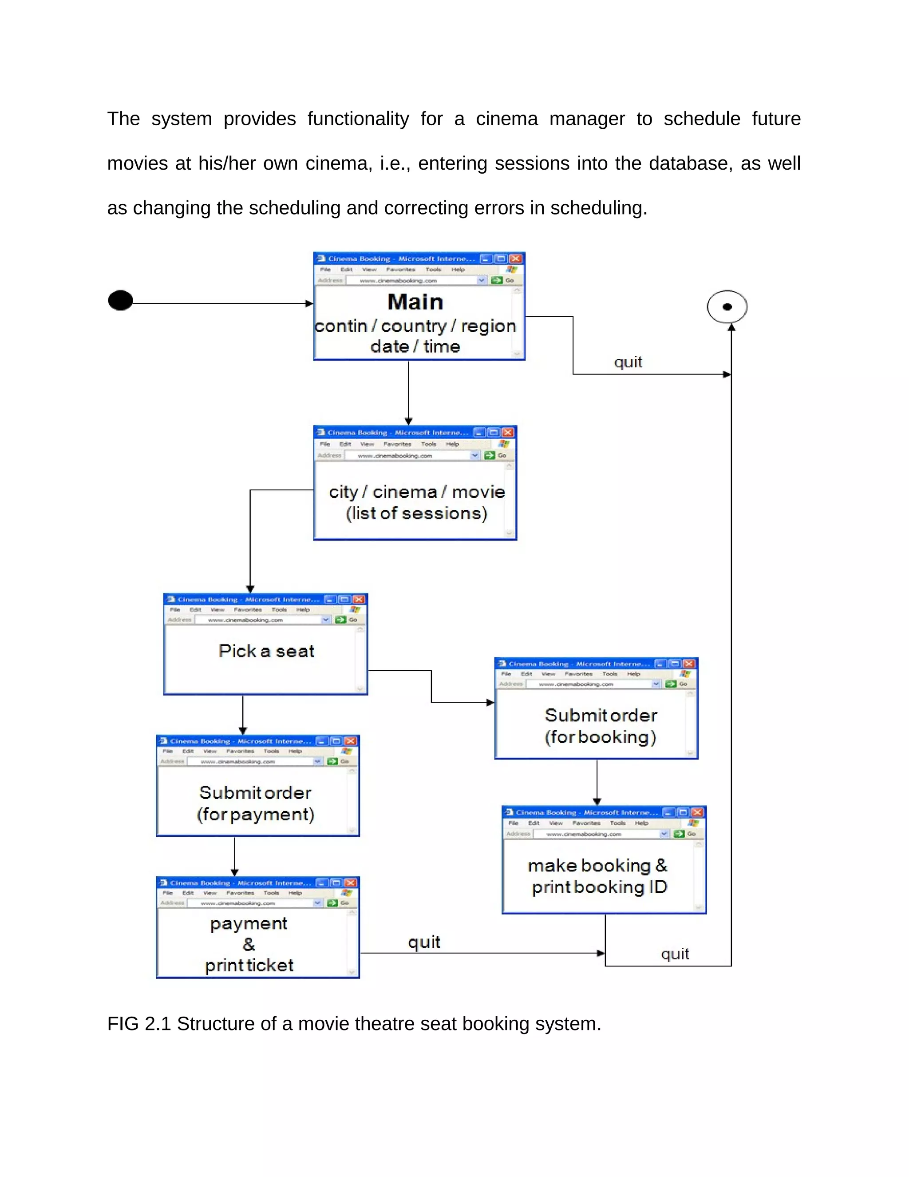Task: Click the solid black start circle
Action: coord(120,300)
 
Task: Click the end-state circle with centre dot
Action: coord(727,306)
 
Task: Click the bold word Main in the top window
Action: coord(415,302)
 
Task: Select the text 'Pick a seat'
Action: coord(267,651)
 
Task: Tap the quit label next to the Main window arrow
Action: coord(628,362)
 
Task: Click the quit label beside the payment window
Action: coord(424,942)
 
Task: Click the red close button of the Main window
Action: coord(515,258)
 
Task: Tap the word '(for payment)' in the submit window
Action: coord(255,814)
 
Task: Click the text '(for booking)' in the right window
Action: coord(600,737)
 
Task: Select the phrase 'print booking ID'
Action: coord(599,887)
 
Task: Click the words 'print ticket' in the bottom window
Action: coord(249,965)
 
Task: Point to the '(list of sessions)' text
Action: coord(416,513)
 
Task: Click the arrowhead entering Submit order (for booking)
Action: coord(490,702)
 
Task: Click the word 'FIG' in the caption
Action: coord(123,1023)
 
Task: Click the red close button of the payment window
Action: coord(350,883)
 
